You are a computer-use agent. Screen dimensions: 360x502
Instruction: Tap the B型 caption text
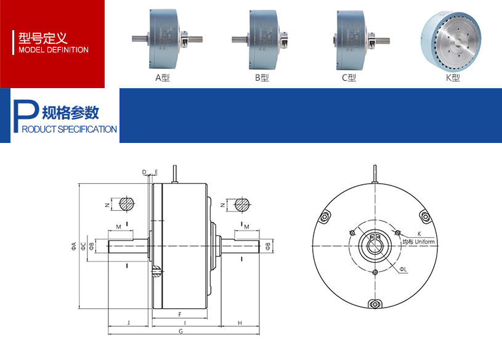click(262, 78)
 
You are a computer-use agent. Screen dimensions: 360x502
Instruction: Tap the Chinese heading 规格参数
click(70, 113)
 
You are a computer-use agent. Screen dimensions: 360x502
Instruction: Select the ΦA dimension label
click(73, 247)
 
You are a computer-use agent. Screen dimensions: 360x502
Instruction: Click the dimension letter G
click(180, 332)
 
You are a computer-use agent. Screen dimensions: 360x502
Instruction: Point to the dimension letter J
click(128, 322)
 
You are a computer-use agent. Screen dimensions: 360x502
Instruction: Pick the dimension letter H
click(240, 322)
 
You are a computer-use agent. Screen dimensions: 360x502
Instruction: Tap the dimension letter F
click(179, 314)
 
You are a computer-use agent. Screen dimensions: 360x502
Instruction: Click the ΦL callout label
click(402, 269)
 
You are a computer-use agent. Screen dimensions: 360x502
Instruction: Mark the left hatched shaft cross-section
click(127, 204)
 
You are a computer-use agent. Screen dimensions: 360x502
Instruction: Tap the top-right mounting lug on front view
click(424, 216)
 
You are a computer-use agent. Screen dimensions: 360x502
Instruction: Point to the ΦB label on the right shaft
click(267, 247)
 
